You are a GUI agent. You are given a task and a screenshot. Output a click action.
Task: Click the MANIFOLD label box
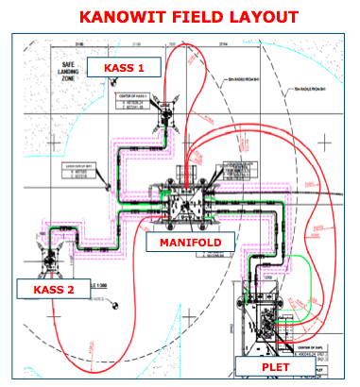[x=190, y=243]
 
